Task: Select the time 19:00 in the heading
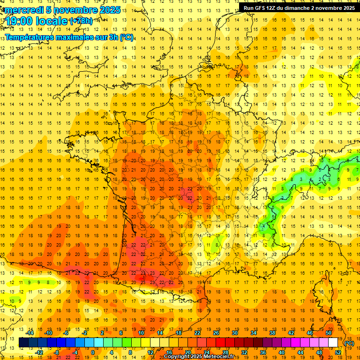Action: click(x=21, y=21)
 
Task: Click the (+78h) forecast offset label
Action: click(x=81, y=21)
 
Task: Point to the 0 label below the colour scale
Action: click(x=93, y=352)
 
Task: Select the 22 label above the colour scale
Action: click(x=197, y=332)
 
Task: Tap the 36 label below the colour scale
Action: click(x=263, y=352)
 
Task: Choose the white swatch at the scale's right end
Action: click(x=333, y=343)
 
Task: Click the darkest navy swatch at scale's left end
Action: click(x=24, y=343)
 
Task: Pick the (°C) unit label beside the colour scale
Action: click(x=349, y=343)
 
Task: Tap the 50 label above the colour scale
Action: click(x=329, y=332)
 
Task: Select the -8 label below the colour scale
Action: click(x=57, y=352)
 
